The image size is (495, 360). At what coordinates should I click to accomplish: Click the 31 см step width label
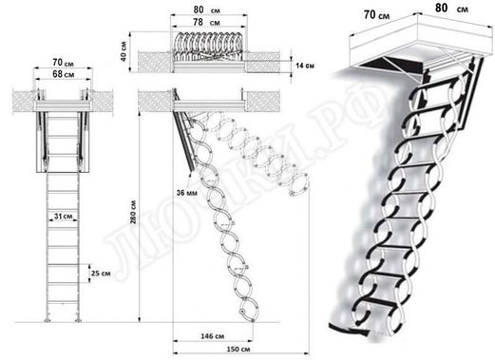tap(62, 218)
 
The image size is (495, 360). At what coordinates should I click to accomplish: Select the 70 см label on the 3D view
tap(373, 14)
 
